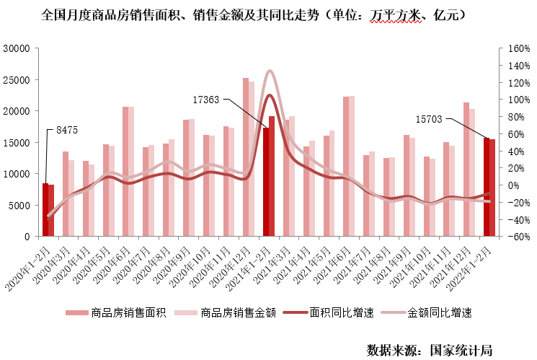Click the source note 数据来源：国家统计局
(430, 350)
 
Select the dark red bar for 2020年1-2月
(45, 210)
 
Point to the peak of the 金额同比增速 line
(270, 71)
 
